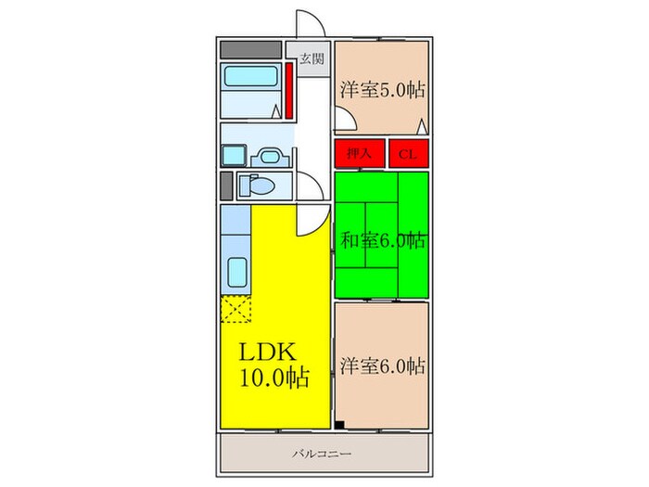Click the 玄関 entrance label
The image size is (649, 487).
click(x=312, y=58)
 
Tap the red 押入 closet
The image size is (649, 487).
click(x=360, y=154)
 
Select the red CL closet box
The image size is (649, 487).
click(x=408, y=154)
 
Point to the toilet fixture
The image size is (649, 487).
click(x=257, y=186)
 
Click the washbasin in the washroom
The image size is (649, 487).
click(x=270, y=158)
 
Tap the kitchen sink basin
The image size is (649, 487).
click(x=237, y=272)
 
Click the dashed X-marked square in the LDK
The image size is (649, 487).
click(x=235, y=309)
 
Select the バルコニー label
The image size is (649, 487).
click(x=322, y=454)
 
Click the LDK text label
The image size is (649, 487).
click(x=268, y=352)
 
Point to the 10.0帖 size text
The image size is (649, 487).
click(x=274, y=378)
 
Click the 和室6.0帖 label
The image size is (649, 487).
click(x=382, y=240)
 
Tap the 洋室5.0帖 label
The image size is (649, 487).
click(x=382, y=90)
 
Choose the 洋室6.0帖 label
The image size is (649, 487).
click(x=382, y=366)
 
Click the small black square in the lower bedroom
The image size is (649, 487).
click(x=339, y=425)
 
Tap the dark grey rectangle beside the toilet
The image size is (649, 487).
click(x=226, y=186)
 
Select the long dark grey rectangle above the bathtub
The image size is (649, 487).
click(x=251, y=50)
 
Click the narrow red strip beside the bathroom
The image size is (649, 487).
click(x=289, y=90)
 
